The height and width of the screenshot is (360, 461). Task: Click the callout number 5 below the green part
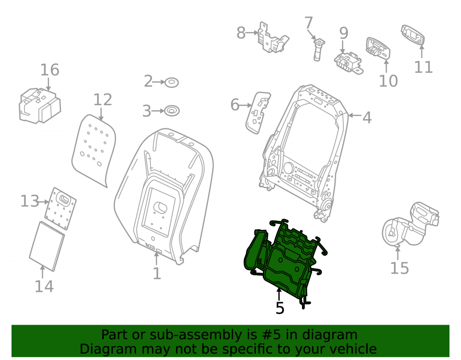coord(280,308)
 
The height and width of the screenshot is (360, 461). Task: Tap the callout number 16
coord(50,70)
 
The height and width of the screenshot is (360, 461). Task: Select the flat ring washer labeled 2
coord(171,83)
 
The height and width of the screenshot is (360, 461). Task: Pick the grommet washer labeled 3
coord(171,111)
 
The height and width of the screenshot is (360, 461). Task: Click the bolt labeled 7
coord(318,49)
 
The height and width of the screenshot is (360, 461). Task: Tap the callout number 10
coord(388,81)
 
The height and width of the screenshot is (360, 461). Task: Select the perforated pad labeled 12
coord(94,150)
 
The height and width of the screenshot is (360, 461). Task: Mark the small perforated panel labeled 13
coord(60,208)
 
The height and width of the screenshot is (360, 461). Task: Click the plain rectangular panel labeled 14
coord(47,246)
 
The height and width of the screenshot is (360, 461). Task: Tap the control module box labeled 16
coord(40,105)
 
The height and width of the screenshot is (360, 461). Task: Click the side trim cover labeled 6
coord(258,112)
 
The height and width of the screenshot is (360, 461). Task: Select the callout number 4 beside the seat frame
coord(367,118)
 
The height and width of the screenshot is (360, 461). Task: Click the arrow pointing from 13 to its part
coord(44,202)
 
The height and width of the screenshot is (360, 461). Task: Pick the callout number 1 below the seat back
coord(157,274)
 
